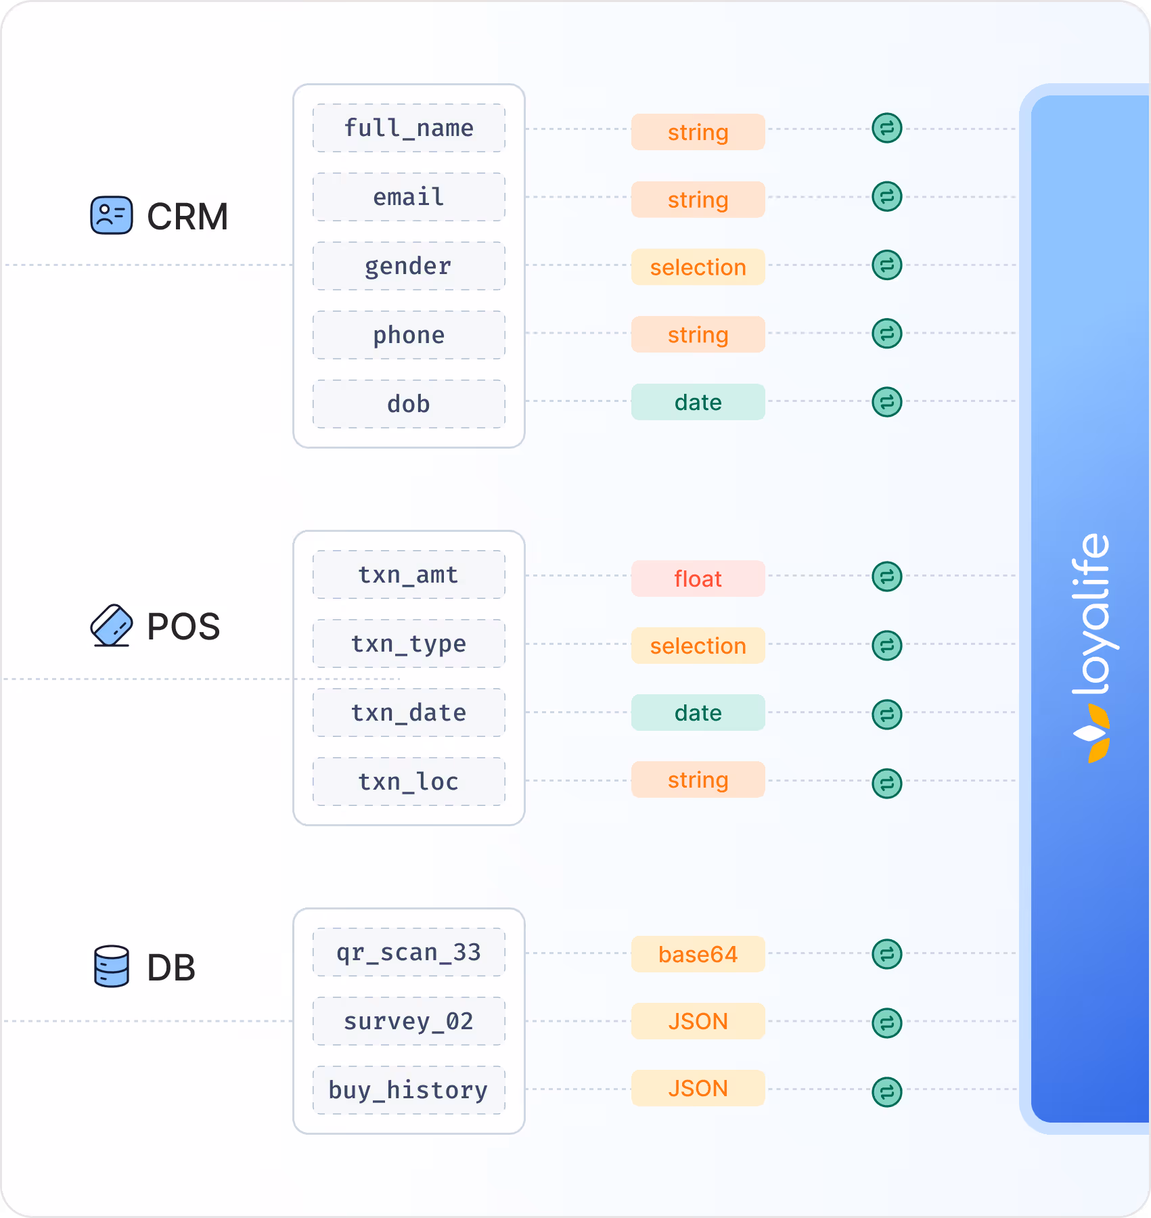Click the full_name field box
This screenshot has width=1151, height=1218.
(409, 128)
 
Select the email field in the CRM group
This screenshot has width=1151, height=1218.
(409, 197)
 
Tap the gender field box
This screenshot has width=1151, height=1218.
(409, 266)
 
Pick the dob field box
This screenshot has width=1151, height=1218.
(409, 404)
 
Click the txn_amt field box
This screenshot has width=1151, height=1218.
(409, 574)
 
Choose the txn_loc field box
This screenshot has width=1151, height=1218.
(409, 782)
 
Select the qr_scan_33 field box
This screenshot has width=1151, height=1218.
(409, 952)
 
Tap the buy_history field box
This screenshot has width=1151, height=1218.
(409, 1090)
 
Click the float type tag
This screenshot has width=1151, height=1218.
(698, 579)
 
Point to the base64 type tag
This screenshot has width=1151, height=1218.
(698, 954)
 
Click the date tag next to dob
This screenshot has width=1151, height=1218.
(698, 402)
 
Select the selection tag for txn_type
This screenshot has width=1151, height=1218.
(698, 646)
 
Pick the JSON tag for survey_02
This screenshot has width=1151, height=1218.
(698, 1021)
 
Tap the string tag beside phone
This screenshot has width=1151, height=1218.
(698, 334)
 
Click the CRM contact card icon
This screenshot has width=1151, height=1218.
(112, 216)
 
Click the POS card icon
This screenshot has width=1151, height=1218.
(112, 625)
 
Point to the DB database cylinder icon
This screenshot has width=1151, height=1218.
(112, 966)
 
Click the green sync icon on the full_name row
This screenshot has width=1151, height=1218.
(886, 128)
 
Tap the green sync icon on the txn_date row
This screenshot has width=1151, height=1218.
(886, 715)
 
